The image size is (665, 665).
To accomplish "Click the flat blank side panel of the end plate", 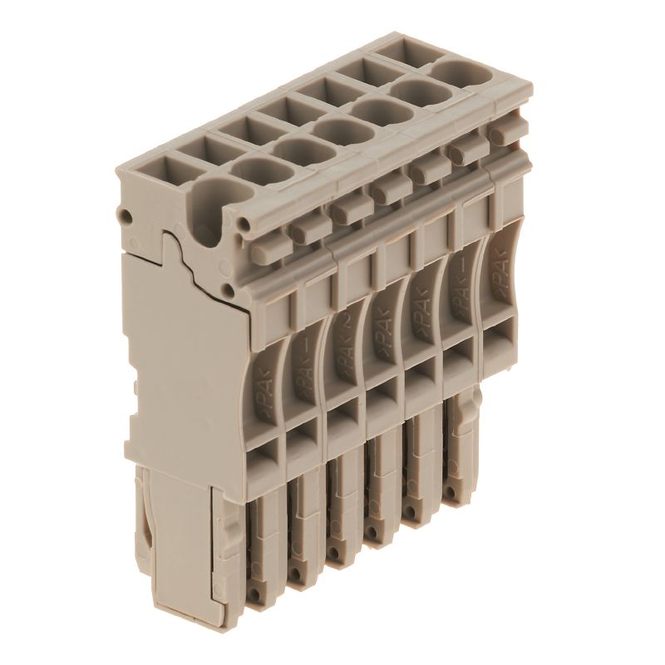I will click(x=179, y=366).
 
